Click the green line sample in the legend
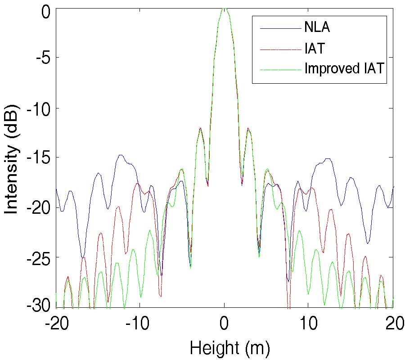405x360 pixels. [x=280, y=69]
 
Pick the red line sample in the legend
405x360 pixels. [x=280, y=49]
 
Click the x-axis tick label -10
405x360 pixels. [x=140, y=325]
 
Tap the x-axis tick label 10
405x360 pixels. [x=308, y=325]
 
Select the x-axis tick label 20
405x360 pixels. [x=392, y=325]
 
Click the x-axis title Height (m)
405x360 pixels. [x=224, y=348]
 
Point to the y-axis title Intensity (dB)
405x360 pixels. [x=12, y=158]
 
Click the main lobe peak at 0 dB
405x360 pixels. [x=224, y=9]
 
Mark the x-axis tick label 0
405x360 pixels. [x=224, y=325]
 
